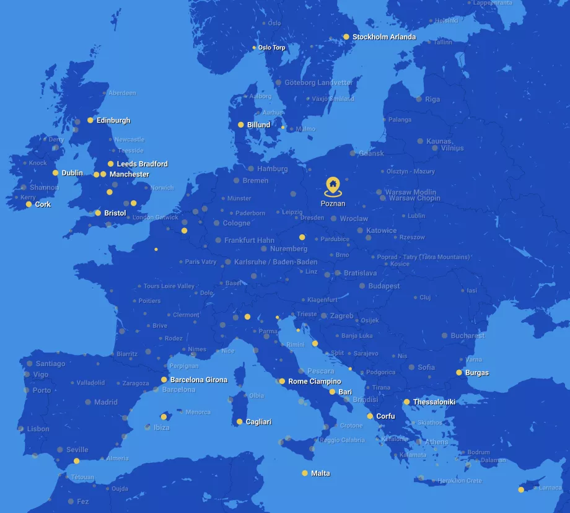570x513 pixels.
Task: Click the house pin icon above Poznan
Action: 333,185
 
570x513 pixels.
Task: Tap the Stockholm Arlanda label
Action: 384,37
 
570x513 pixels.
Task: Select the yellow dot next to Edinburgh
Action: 90,120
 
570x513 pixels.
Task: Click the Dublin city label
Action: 72,173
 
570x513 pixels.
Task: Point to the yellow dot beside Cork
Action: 28,204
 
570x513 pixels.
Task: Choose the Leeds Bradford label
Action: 142,164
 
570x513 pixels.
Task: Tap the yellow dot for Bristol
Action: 98,213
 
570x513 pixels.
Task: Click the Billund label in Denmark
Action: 258,125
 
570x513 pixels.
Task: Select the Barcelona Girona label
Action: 198,380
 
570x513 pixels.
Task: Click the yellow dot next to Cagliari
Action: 240,422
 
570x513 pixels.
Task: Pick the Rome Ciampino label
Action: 314,382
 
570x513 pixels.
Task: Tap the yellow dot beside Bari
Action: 332,392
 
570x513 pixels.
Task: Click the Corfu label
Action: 385,416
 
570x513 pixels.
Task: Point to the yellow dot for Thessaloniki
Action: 407,402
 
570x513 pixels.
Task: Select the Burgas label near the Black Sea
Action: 476,373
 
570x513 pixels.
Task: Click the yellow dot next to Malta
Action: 305,473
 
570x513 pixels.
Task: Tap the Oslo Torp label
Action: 271,48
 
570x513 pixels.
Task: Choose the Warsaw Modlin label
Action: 410,192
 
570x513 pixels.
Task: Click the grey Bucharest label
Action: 467,336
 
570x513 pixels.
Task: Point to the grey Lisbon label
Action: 38,429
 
